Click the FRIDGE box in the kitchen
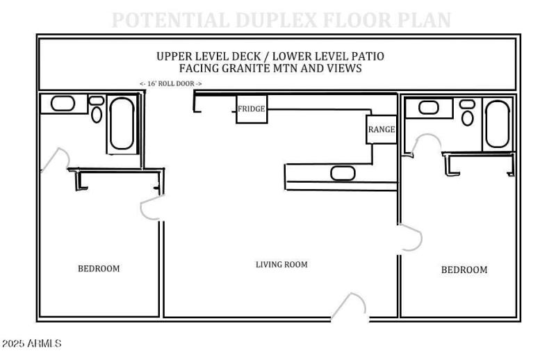tap(252, 110)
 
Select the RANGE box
tap(382, 129)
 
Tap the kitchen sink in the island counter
tap(343, 173)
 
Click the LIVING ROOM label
tap(281, 265)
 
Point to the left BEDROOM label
tap(98, 269)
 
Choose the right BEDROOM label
tap(464, 270)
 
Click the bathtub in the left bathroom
tap(122, 125)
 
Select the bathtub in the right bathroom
tap(497, 124)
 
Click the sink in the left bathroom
tap(63, 104)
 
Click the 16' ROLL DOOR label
tap(171, 84)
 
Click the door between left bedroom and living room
tap(152, 211)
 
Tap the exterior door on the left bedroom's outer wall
tap(54, 161)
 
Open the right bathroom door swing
tap(426, 145)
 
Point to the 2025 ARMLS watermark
tap(31, 344)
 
